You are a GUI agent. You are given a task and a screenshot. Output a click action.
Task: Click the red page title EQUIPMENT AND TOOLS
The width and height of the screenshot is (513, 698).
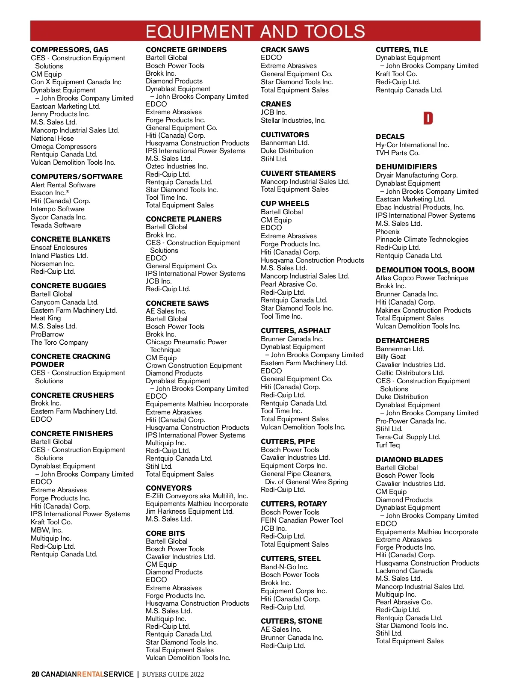[x=255, y=32]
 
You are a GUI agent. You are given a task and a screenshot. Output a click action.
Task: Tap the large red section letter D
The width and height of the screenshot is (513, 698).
[x=428, y=118]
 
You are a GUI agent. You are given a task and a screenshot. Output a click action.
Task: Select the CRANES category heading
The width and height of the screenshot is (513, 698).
[x=276, y=104]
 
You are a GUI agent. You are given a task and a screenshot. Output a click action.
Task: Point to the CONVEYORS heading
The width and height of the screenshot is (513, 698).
[x=168, y=488]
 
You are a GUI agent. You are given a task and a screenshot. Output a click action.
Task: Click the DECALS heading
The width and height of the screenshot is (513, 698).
[x=390, y=136]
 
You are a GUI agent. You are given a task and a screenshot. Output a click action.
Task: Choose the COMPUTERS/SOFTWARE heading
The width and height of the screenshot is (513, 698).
[x=77, y=177]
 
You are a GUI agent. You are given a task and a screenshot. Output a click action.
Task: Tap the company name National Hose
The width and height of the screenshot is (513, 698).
[x=52, y=138]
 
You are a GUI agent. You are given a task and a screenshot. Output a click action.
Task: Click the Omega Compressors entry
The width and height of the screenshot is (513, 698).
[x=64, y=146]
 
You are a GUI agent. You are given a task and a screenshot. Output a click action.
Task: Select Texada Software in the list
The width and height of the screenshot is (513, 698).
[x=56, y=225]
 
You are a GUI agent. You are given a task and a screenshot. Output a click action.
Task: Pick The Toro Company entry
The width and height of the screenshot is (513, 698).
[x=59, y=342]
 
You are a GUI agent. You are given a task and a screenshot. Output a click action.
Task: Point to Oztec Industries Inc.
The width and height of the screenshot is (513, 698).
[x=177, y=166]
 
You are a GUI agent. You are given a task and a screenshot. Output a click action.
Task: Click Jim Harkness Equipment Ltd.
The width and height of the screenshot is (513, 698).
[x=189, y=511]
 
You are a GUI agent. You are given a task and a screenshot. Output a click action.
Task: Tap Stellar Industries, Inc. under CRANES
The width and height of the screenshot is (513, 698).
[x=293, y=120]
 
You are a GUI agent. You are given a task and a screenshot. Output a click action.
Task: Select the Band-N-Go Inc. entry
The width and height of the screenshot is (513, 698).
[x=284, y=567]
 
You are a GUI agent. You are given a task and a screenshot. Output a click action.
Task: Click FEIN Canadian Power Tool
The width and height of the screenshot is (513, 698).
[x=302, y=520]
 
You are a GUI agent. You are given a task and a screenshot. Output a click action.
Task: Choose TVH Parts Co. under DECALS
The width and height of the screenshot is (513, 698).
[x=398, y=153]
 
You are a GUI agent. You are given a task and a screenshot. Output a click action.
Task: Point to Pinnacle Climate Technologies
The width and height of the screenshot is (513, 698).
[x=422, y=239]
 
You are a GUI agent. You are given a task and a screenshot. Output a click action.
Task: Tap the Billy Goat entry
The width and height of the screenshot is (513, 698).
[x=390, y=356]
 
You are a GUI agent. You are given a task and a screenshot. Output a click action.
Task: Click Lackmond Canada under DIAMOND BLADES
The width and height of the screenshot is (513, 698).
[x=404, y=571]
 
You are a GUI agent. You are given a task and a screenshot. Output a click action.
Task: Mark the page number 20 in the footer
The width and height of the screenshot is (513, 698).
[x=35, y=674]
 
